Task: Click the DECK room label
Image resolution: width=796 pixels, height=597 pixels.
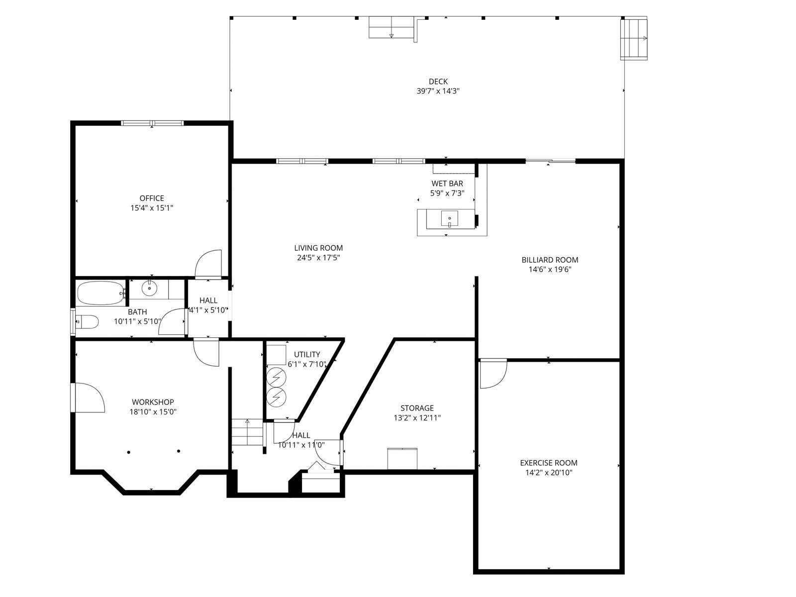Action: click(x=438, y=82)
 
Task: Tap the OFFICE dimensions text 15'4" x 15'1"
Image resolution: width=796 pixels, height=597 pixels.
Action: click(x=152, y=208)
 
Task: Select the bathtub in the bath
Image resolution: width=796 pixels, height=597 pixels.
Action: click(x=101, y=293)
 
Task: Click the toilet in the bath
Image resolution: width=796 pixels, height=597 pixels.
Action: click(x=87, y=321)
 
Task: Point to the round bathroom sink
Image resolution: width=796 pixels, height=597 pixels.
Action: click(x=149, y=289)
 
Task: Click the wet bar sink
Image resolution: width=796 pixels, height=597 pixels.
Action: click(x=449, y=219)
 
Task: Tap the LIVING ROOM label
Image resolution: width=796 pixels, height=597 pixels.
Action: click(x=318, y=248)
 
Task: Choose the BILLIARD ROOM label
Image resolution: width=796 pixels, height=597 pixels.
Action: click(x=550, y=260)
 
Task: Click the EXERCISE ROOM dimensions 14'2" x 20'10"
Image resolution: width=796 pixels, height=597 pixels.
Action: click(x=549, y=472)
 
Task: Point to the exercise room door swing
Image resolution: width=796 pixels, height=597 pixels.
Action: click(x=493, y=374)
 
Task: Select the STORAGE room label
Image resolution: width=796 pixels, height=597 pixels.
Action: click(x=417, y=408)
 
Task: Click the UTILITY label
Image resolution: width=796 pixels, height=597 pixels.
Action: click(x=307, y=355)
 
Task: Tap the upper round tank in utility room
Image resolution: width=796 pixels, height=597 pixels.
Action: click(x=276, y=377)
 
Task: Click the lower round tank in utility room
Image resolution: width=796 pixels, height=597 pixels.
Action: click(x=276, y=397)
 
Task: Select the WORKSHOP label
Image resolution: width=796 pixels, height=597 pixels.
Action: click(x=153, y=402)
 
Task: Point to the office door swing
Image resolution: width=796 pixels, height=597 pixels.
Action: click(x=208, y=264)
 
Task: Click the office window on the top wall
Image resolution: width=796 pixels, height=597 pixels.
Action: click(x=152, y=123)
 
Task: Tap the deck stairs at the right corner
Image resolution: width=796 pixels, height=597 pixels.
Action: click(x=633, y=39)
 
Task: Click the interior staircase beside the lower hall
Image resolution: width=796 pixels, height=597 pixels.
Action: click(x=247, y=432)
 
